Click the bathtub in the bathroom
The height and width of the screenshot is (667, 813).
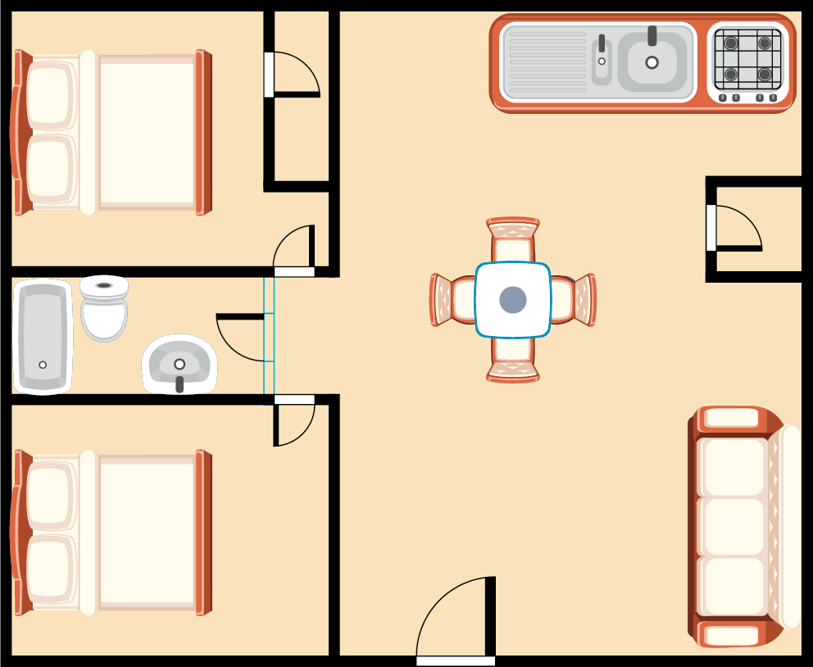click(x=43, y=336)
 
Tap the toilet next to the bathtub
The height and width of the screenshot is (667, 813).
click(x=104, y=309)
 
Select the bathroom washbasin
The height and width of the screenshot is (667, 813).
click(x=179, y=365)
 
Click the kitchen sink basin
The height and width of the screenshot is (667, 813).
click(x=652, y=62)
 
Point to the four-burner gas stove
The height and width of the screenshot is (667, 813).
click(x=747, y=62)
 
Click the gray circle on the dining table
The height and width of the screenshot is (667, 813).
click(x=513, y=300)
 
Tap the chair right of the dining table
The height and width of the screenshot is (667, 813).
click(x=577, y=300)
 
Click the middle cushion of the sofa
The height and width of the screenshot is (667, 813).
click(x=734, y=526)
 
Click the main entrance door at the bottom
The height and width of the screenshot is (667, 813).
click(x=456, y=619)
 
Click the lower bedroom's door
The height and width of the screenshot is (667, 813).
click(x=294, y=422)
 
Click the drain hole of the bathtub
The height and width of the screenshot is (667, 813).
click(x=43, y=365)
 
